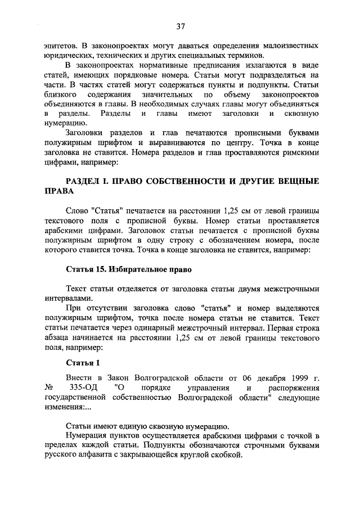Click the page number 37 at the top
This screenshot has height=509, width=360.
tap(180, 26)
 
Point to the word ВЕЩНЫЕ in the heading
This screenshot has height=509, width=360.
tap(298, 181)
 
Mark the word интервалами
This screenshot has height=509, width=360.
tap(69, 298)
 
